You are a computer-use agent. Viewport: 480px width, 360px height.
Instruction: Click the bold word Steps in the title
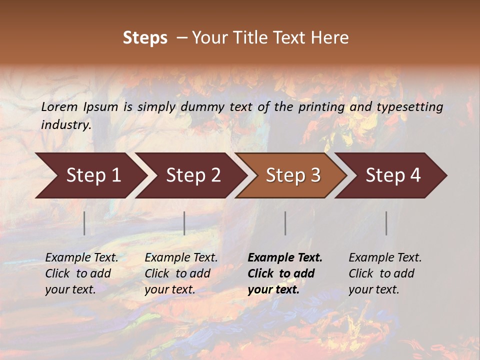pyautogui.click(x=145, y=37)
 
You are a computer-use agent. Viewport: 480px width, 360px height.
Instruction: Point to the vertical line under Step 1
pyautogui.click(x=84, y=223)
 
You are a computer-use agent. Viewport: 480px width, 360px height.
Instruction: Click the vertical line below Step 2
pyautogui.click(x=184, y=223)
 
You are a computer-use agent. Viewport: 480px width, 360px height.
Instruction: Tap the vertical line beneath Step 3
pyautogui.click(x=285, y=223)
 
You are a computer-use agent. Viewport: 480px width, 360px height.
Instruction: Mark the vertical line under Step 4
pyautogui.click(x=386, y=223)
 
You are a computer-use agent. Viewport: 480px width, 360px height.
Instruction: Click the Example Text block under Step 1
pyautogui.click(x=81, y=273)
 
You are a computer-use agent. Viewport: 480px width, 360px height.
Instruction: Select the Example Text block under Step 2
pyautogui.click(x=181, y=273)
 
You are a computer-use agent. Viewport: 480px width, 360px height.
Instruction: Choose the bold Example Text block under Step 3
pyautogui.click(x=285, y=273)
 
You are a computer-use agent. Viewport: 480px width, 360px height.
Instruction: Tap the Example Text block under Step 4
pyautogui.click(x=385, y=273)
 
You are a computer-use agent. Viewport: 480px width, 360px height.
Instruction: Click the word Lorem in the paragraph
pyautogui.click(x=59, y=107)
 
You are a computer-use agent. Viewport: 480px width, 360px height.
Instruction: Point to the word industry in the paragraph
pyautogui.click(x=66, y=125)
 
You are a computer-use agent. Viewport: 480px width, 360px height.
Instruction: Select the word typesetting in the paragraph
pyautogui.click(x=409, y=107)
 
